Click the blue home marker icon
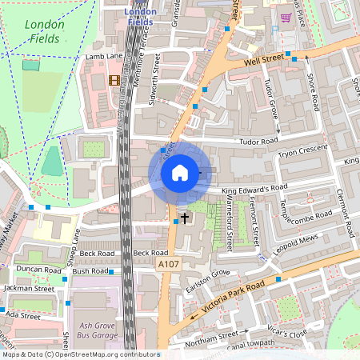coord(180,173)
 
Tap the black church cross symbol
coord(185,218)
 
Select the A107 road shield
coord(168,264)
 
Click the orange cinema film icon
coord(114,80)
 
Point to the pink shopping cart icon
coord(285,17)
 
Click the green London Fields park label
coord(45,31)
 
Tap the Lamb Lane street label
coord(105,56)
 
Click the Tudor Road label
coord(257,141)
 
